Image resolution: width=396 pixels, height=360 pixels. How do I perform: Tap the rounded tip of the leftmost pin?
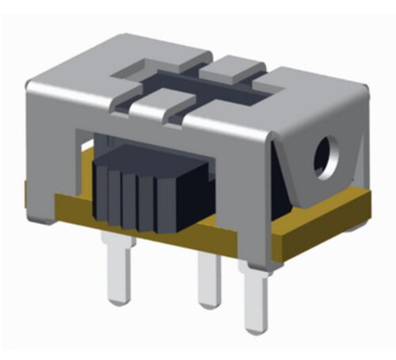tap(116, 299)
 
